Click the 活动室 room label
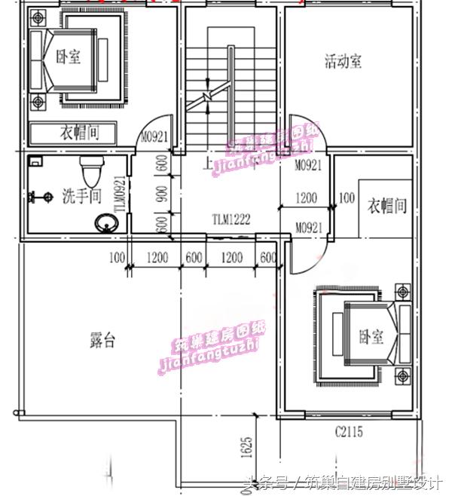click(x=343, y=61)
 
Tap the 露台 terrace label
click(x=102, y=340)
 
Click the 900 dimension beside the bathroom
click(x=160, y=194)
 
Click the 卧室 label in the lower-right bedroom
click(x=370, y=337)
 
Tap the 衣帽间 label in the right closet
click(x=386, y=205)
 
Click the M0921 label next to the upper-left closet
click(x=154, y=137)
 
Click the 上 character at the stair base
click(x=206, y=163)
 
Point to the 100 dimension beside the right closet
click(x=347, y=198)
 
